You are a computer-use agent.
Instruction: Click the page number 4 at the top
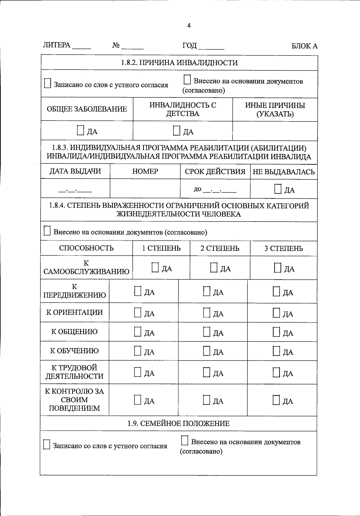tap(189, 26)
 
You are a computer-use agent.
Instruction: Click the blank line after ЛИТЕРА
tap(81, 47)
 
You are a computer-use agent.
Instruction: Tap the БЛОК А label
tap(304, 46)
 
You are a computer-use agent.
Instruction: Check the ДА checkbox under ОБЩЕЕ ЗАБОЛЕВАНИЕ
tap(80, 130)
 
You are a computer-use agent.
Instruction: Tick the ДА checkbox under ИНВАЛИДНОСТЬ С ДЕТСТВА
tap(177, 130)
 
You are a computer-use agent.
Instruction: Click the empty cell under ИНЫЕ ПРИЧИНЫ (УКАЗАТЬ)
tap(275, 131)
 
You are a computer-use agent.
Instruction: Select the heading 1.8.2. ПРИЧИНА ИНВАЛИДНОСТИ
tap(179, 63)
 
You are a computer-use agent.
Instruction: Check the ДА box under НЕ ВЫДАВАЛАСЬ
tap(278, 189)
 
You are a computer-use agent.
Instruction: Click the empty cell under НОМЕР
tap(145, 189)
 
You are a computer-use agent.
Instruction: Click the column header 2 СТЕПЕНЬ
tap(220, 248)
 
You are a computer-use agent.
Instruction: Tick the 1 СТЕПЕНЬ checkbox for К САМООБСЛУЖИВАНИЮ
tap(155, 267)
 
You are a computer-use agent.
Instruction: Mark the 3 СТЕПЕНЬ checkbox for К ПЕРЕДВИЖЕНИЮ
tap(276, 291)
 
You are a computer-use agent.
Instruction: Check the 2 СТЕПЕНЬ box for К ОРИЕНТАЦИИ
tap(207, 313)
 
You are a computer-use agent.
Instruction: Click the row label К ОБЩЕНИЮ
tap(74, 332)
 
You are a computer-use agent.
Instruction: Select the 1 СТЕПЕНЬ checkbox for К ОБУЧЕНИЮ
tap(137, 351)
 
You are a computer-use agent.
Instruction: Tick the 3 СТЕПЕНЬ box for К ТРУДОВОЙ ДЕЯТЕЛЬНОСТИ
tap(276, 372)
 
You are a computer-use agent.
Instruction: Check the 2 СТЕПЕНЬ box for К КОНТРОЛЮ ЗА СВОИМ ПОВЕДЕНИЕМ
tap(207, 400)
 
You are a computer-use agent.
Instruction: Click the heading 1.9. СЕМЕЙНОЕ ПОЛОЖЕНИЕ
tap(178, 423)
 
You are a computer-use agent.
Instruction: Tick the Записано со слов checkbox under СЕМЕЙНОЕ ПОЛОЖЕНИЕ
tap(46, 445)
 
